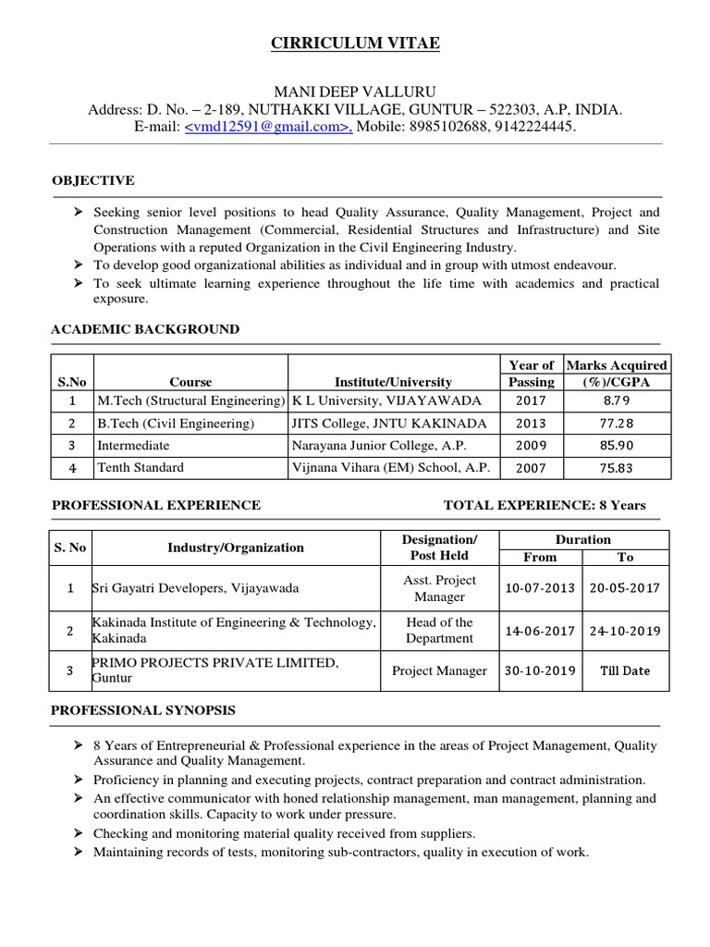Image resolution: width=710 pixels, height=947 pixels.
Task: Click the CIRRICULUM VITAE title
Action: pyautogui.click(x=355, y=43)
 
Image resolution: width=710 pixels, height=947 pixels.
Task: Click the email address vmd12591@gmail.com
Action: pyautogui.click(x=268, y=127)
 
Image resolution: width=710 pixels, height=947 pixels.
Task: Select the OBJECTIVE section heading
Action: pyautogui.click(x=93, y=180)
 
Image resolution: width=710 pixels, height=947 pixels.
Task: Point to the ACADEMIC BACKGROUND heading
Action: pyautogui.click(x=145, y=329)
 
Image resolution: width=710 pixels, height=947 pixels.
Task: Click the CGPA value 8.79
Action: pyautogui.click(x=617, y=400)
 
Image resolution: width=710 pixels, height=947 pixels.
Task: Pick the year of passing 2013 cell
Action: pyautogui.click(x=532, y=423)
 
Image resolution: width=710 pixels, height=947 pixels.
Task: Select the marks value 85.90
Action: pyautogui.click(x=617, y=445)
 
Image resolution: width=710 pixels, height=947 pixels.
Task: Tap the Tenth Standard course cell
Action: pyautogui.click(x=141, y=467)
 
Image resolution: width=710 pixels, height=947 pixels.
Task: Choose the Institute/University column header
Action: pyautogui.click(x=393, y=382)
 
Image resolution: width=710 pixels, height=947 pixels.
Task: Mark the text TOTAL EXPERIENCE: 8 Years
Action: pyautogui.click(x=545, y=505)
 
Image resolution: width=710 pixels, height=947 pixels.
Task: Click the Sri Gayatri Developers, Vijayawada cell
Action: pyautogui.click(x=195, y=588)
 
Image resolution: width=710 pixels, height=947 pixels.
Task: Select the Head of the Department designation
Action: pyautogui.click(x=439, y=631)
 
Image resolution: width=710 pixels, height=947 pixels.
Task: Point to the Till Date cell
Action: pyautogui.click(x=625, y=670)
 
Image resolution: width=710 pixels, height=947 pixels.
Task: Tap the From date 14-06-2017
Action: pyautogui.click(x=540, y=631)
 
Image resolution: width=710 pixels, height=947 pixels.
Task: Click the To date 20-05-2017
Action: pyautogui.click(x=625, y=588)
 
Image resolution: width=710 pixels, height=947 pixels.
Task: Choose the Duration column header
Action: pyautogui.click(x=582, y=539)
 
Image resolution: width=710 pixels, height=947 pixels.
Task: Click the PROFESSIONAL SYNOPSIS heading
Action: pyautogui.click(x=143, y=710)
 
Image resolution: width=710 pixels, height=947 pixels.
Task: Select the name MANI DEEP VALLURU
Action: pyautogui.click(x=355, y=92)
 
